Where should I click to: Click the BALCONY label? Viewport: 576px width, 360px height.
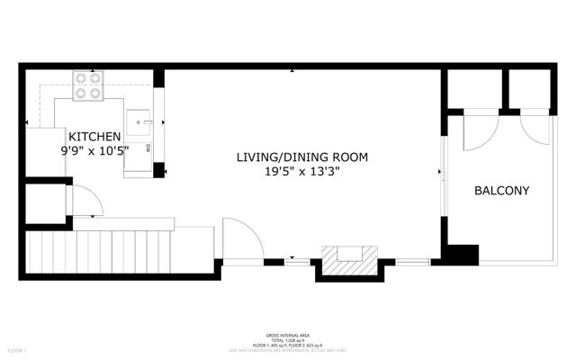pos(501,191)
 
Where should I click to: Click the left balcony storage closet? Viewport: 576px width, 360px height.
pos(473,87)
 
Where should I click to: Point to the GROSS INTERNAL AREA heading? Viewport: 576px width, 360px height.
pos(288,334)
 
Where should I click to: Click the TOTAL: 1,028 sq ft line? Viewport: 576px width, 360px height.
pos(288,339)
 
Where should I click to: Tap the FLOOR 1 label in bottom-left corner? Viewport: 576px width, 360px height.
pos(18,349)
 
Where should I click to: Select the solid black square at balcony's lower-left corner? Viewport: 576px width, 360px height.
pos(463,255)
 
